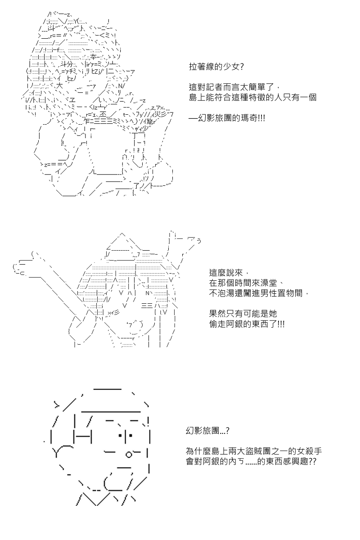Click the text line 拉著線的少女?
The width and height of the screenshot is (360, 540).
pos(216,67)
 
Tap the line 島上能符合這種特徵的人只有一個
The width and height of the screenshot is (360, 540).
pos(252,97)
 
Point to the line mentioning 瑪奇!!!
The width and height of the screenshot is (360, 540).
pos(227,118)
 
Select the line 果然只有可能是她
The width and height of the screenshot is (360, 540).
pos(243,313)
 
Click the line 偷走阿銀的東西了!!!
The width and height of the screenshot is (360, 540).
pos(247,324)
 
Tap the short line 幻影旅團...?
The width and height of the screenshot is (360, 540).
pos(207,430)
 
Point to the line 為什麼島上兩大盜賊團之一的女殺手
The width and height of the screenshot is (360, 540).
pos(254,451)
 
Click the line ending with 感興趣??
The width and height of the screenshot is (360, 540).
pos(251,461)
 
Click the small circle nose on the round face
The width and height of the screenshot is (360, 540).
pos(129,454)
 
